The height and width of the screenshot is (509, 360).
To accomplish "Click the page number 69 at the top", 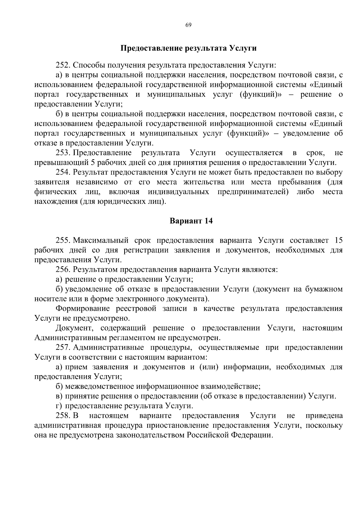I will coord(188,25).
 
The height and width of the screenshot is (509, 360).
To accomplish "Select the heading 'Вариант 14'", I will coord(191,221).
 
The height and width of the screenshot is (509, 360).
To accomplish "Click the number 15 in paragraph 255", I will coord(338,241).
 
